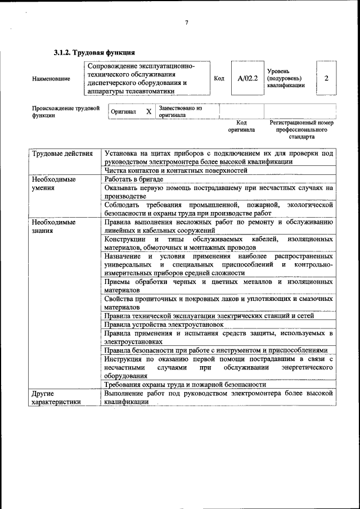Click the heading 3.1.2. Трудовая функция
[94, 53]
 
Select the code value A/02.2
[247, 78]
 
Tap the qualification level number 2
[326, 78]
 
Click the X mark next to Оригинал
[148, 111]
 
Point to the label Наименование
[51, 79]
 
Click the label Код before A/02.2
[219, 78]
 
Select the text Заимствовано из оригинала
[181, 111]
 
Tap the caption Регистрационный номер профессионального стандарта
[301, 129]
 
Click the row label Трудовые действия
[62, 154]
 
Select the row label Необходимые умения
[54, 183]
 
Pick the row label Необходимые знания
[54, 226]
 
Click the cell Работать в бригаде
[133, 179]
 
